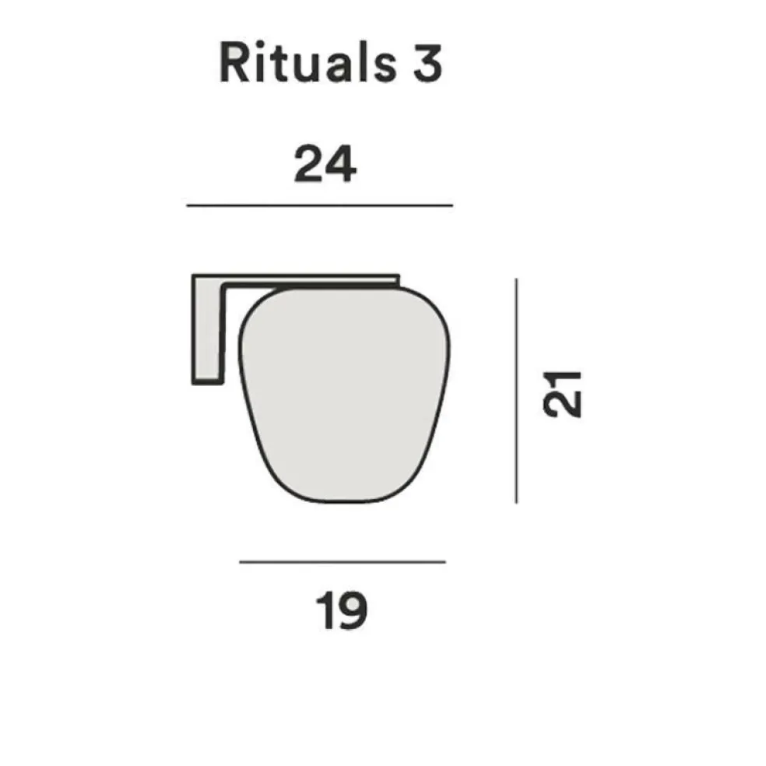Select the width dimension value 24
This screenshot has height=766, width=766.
[x=325, y=165]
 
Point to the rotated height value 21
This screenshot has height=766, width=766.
[x=563, y=393]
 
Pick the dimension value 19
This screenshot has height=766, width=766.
[x=342, y=612]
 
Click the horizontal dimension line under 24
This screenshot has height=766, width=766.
[x=319, y=206]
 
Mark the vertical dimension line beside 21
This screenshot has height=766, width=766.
[x=516, y=389]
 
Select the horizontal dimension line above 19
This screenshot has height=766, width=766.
[x=342, y=561]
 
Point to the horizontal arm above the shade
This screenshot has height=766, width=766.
[x=311, y=279]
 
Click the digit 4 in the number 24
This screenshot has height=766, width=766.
[x=339, y=165]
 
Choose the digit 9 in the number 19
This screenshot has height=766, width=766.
[x=353, y=612]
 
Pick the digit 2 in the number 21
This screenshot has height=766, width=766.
[x=563, y=404]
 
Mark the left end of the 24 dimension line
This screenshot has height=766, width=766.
[x=189, y=206]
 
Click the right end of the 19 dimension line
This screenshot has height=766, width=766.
[x=444, y=561]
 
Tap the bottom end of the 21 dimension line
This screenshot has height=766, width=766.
[x=516, y=502]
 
